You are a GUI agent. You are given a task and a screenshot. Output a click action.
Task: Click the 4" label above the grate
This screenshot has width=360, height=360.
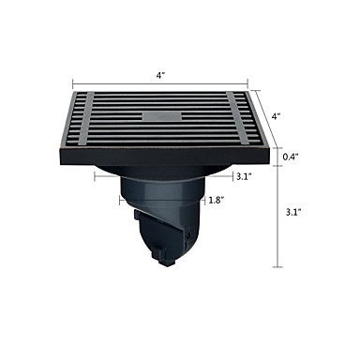point(160,76)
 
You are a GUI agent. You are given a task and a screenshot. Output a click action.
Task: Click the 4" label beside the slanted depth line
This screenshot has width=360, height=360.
point(276,117)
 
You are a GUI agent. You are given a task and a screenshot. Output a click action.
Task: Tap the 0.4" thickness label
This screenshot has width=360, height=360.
point(291,157)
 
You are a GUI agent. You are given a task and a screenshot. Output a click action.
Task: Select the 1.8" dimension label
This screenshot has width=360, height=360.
point(217,200)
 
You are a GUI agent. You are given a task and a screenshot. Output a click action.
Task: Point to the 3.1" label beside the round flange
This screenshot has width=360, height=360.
point(244,177)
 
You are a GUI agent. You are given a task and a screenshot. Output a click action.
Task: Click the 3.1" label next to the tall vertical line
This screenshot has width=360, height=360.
point(293,213)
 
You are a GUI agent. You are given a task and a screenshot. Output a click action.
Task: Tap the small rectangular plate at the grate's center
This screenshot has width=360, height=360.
point(162,116)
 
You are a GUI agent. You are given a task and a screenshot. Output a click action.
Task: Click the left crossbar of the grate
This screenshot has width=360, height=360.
point(86,119)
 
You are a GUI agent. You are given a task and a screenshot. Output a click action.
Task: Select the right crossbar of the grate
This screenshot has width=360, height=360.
point(238,119)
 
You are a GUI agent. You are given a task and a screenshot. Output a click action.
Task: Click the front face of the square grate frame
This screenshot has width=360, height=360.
point(164,157)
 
